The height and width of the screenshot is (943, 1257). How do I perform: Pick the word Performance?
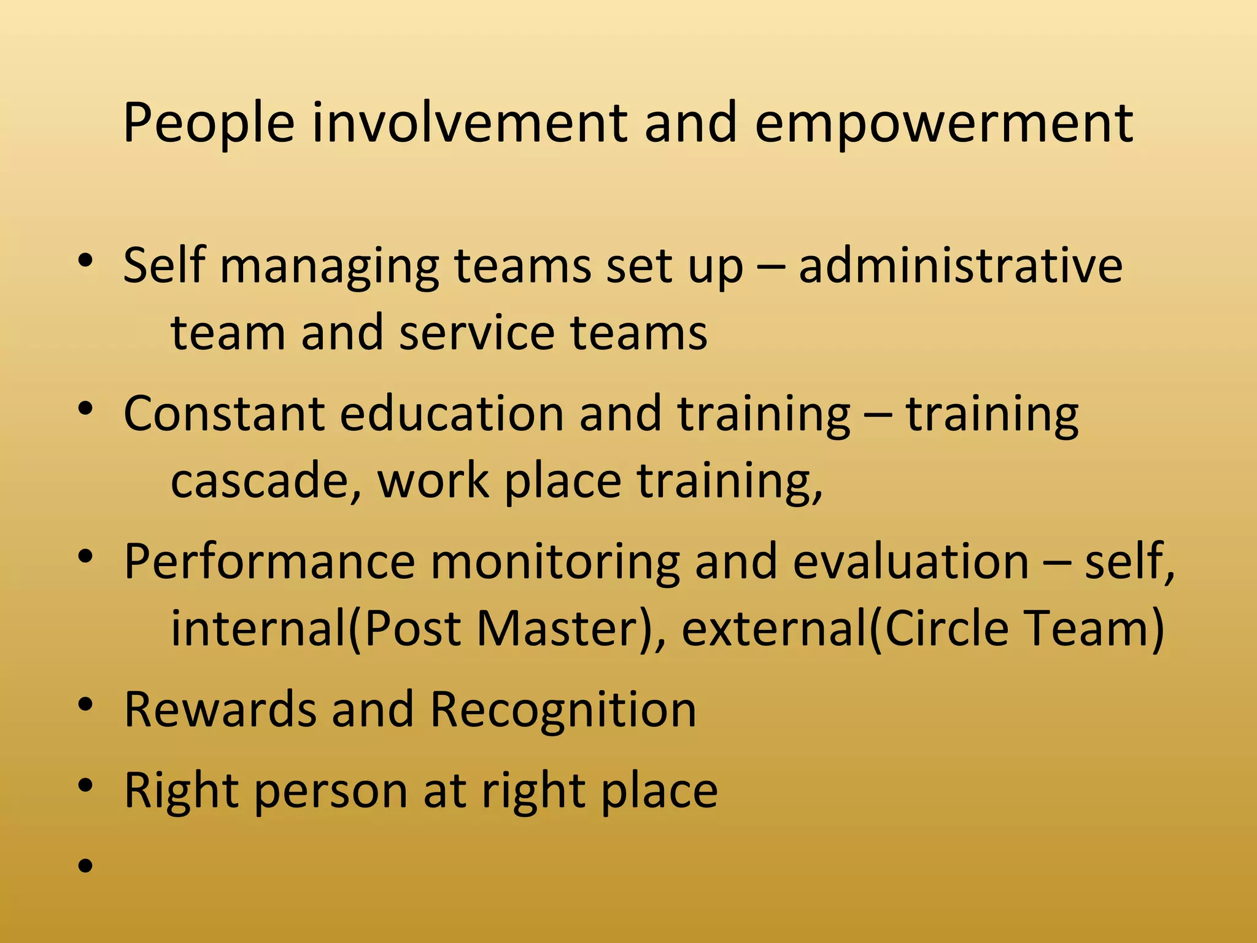(x=270, y=561)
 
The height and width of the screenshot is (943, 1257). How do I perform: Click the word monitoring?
(x=555, y=561)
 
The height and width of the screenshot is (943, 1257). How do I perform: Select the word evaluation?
(x=911, y=561)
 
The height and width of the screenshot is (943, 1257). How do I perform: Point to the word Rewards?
(x=220, y=709)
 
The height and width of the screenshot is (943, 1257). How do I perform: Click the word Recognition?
(x=563, y=709)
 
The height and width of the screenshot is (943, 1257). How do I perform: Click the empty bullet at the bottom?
(x=85, y=866)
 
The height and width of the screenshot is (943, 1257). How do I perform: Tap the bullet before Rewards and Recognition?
(x=85, y=705)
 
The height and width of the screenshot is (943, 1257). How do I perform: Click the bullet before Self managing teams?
(x=85, y=261)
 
